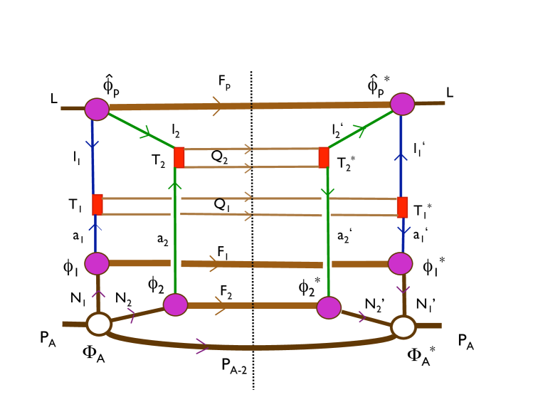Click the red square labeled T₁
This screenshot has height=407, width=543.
click(97, 204)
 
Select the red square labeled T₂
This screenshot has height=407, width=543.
click(179, 157)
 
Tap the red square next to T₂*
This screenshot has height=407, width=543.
click(324, 157)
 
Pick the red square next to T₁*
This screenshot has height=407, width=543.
click(402, 207)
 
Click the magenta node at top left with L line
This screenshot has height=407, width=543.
click(96, 109)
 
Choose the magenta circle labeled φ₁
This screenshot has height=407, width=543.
click(96, 263)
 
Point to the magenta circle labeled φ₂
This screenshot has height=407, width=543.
click(175, 305)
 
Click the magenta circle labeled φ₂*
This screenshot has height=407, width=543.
click(328, 307)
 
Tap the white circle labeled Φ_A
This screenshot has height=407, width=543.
click(98, 324)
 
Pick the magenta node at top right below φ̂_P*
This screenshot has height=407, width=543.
click(401, 104)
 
